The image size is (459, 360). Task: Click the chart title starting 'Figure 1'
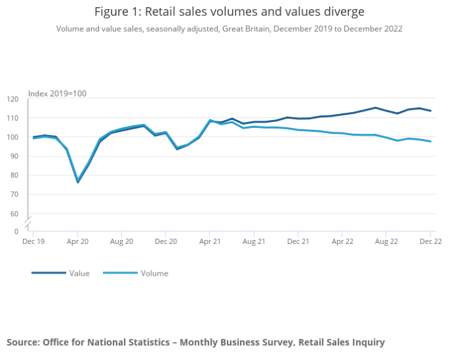[229, 12]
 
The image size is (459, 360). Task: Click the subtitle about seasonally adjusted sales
[229, 29]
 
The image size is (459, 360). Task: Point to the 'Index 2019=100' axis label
[57, 94]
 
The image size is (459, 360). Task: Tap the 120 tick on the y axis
[13, 99]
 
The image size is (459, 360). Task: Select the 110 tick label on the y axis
[13, 118]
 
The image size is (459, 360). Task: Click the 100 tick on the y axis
[13, 137]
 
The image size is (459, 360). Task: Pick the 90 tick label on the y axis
[15, 156]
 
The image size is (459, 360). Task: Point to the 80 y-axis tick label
[15, 175]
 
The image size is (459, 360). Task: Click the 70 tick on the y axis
[15, 195]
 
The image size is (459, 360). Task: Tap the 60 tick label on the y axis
[15, 214]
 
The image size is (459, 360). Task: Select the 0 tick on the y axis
[16, 231]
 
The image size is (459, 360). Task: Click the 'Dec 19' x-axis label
[34, 242]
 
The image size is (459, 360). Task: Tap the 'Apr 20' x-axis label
[78, 242]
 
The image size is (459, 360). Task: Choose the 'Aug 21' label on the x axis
[254, 242]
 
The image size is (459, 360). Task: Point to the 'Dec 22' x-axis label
[430, 242]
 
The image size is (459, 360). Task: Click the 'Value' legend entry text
[79, 273]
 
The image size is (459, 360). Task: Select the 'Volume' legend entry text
[154, 273]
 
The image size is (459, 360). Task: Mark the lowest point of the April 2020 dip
[78, 182]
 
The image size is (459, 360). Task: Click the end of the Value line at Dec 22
[431, 111]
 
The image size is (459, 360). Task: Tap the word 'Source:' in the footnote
[23, 342]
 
